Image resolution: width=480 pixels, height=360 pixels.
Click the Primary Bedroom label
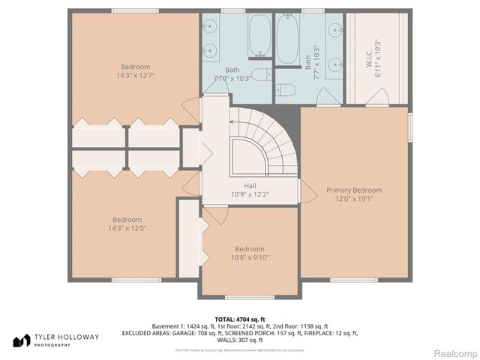[x=354, y=190]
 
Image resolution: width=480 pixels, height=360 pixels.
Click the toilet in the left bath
[x=259, y=74]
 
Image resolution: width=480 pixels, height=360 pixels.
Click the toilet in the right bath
[x=286, y=90]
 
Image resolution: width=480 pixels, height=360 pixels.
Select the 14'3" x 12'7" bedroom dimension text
[x=136, y=76]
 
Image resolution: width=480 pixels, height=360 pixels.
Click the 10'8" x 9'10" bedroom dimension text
[x=249, y=258]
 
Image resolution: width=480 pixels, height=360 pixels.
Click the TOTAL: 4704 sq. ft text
[x=241, y=319]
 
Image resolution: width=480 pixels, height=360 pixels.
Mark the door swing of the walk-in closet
[x=381, y=97]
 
